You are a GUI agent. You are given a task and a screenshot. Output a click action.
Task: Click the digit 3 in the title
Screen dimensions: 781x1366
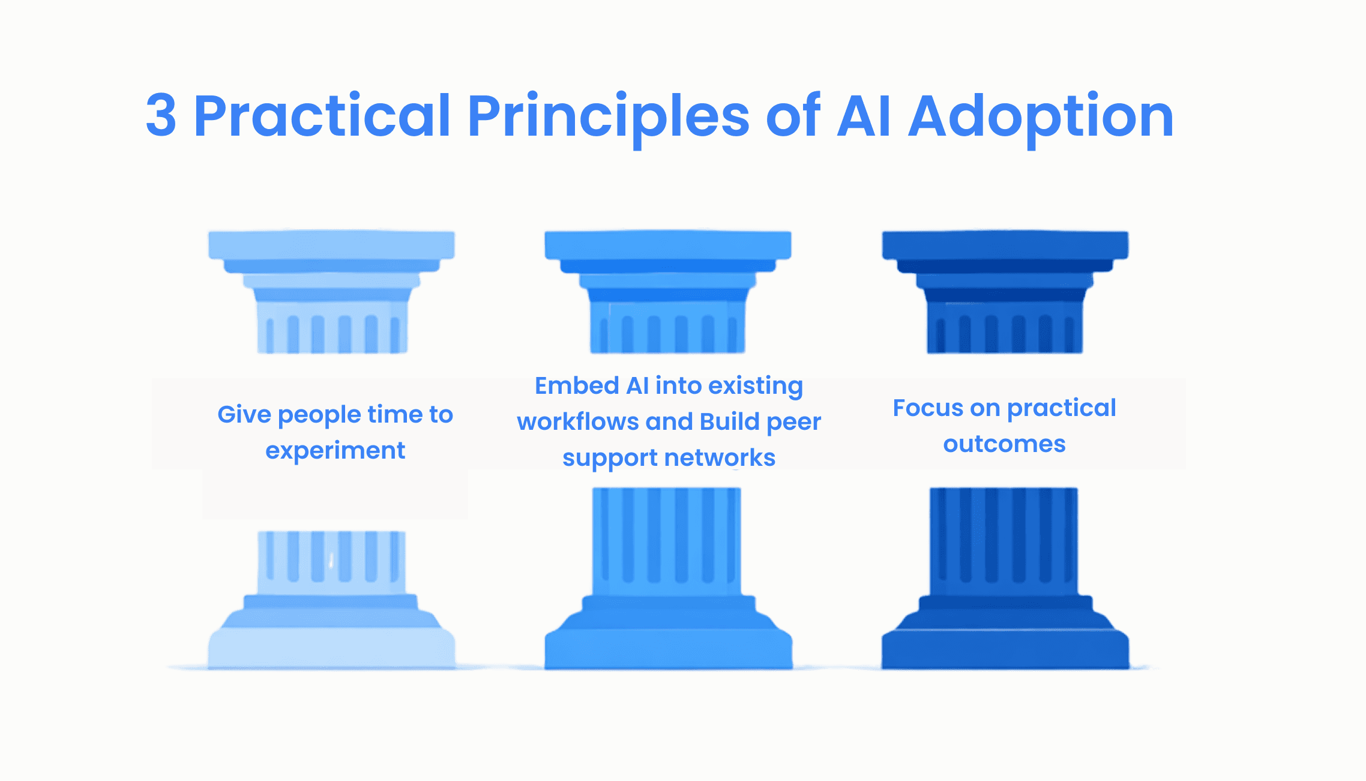click(161, 116)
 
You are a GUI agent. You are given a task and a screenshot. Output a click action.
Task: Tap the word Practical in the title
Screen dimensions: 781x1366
click(322, 116)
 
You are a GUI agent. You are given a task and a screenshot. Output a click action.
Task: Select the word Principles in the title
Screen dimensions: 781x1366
click(608, 116)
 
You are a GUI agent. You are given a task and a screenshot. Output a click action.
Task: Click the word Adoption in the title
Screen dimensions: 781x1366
click(1041, 116)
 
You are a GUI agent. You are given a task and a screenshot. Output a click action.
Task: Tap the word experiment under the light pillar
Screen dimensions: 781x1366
click(335, 451)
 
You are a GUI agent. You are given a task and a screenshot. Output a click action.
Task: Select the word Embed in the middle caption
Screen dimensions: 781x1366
click(576, 386)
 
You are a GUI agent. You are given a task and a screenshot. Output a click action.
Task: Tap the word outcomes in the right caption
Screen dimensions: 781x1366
click(1004, 444)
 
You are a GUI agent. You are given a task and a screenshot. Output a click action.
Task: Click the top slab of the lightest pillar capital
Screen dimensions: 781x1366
click(331, 245)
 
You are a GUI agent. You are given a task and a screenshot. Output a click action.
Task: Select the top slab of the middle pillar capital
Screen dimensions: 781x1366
click(667, 245)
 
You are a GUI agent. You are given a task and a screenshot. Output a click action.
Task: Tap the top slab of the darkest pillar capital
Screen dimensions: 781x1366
click(1005, 245)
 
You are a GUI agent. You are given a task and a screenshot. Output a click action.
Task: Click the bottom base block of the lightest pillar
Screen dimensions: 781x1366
click(331, 650)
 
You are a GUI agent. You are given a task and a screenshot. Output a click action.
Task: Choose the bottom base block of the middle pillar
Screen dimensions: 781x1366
click(667, 650)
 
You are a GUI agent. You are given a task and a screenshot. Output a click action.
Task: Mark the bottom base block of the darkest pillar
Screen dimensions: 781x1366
click(1005, 650)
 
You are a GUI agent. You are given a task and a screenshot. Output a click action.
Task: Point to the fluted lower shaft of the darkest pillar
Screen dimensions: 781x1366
click(1003, 540)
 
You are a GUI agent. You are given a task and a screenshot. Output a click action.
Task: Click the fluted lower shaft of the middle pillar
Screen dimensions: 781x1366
click(666, 540)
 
